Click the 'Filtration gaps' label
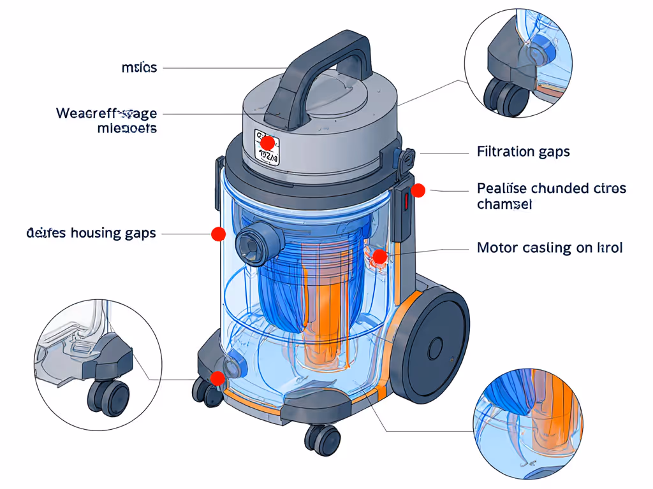point(523,152)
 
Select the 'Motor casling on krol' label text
point(549,248)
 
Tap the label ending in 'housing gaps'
point(91,233)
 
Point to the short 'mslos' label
point(139,67)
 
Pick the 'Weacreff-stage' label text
point(106,113)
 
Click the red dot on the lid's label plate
point(268,143)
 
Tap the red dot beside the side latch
point(418,190)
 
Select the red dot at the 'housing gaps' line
point(218,234)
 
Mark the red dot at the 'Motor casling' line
point(379,257)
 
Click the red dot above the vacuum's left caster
point(217,378)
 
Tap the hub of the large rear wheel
point(436,348)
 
